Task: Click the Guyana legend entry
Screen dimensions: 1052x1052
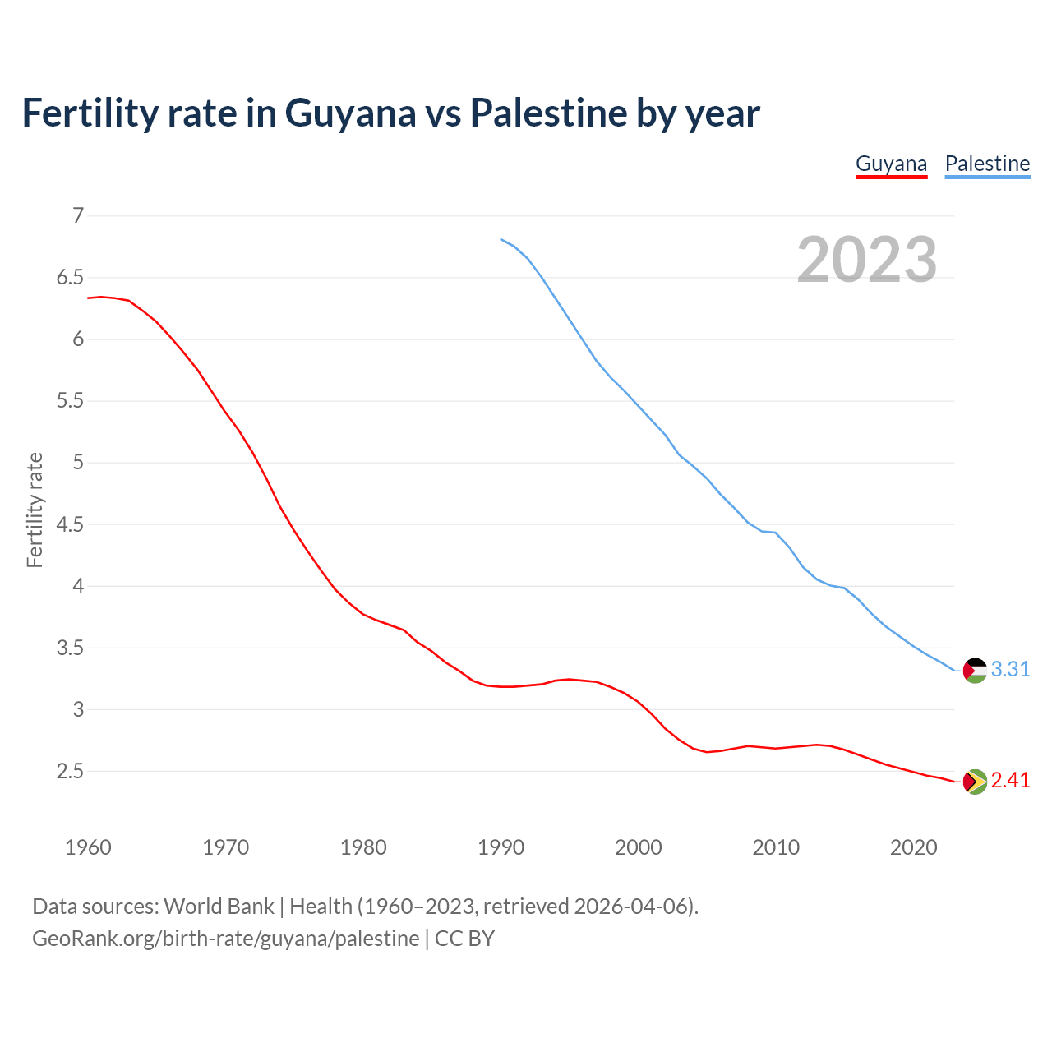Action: [891, 164]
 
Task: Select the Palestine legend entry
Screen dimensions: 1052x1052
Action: [987, 164]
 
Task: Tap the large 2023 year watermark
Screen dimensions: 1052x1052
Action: [866, 260]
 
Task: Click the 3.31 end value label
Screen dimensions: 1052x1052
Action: [1010, 670]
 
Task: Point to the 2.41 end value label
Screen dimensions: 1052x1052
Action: [1010, 781]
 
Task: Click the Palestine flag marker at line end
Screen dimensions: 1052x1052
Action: [975, 671]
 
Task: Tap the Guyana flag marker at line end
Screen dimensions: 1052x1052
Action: [975, 782]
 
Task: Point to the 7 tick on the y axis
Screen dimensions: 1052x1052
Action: [79, 216]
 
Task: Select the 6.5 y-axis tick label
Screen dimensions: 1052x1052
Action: [71, 278]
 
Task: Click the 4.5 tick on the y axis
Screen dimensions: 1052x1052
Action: [71, 524]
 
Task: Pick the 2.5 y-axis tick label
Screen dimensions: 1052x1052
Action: [71, 772]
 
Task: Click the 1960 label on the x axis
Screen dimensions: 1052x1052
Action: [88, 847]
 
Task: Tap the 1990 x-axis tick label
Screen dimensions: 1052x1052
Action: [501, 847]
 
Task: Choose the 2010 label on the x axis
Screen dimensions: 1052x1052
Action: [776, 847]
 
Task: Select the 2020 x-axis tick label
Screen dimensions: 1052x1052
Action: [913, 847]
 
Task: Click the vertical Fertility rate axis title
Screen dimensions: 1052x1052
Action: [35, 510]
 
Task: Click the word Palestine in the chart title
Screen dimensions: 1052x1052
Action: [548, 113]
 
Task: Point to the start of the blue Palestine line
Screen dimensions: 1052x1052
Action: [501, 239]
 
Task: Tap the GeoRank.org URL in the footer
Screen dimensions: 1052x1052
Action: [225, 939]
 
